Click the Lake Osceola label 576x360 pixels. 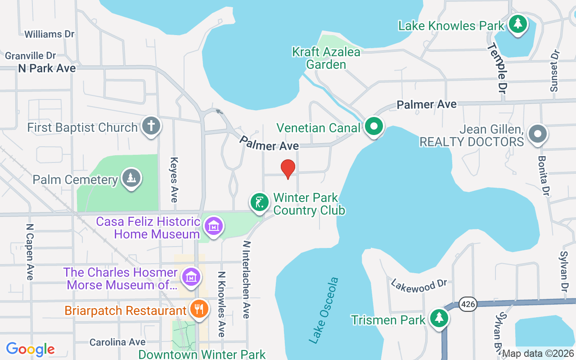coord(324,310)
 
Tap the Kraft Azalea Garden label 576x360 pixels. coord(326,58)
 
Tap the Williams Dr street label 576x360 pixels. coord(49,34)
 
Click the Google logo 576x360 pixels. coord(31,349)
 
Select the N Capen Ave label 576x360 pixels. coord(30,252)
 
